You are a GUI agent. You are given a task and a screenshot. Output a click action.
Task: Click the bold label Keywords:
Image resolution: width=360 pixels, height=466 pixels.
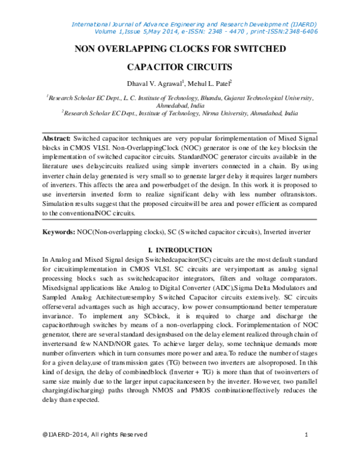[x=58, y=231]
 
